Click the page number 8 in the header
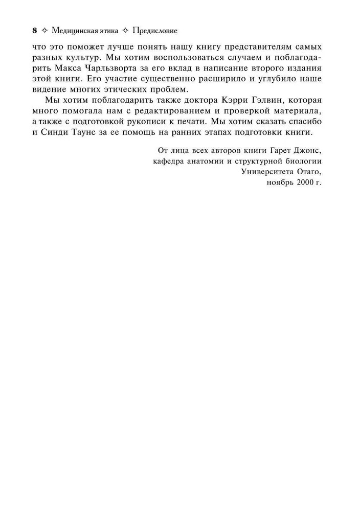pyautogui.click(x=34, y=31)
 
